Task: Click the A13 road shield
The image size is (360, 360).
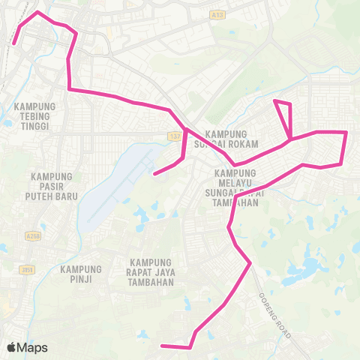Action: tap(217, 13)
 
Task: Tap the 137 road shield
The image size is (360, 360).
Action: tap(175, 136)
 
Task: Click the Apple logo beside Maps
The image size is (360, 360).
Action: tap(12, 347)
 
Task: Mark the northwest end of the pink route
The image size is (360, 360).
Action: tap(13, 44)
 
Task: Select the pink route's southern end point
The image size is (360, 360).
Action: tap(163, 346)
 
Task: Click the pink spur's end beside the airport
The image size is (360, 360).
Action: tap(154, 174)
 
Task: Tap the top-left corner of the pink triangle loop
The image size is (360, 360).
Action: tap(275, 100)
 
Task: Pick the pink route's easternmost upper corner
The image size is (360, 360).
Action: tap(346, 133)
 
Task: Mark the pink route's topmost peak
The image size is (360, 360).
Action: tap(38, 13)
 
